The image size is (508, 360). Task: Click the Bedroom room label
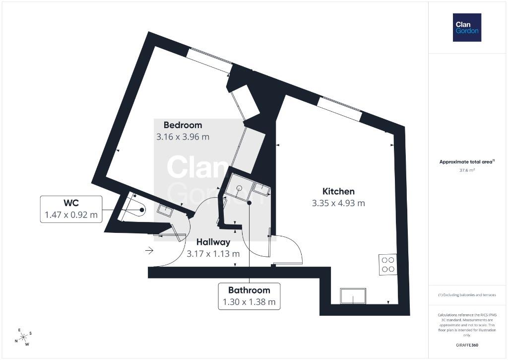pyautogui.click(x=183, y=125)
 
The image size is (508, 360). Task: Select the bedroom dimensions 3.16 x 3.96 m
pyautogui.click(x=183, y=137)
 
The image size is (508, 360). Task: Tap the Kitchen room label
pyautogui.click(x=338, y=191)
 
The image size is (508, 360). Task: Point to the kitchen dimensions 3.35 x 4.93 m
pyautogui.click(x=338, y=204)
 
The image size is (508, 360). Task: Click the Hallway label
pyautogui.click(x=213, y=242)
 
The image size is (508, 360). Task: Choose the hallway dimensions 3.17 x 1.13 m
pyautogui.click(x=213, y=254)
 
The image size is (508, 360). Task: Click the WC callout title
pyautogui.click(x=71, y=203)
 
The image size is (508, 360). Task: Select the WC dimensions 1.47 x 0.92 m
pyautogui.click(x=71, y=215)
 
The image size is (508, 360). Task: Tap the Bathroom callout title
pyautogui.click(x=249, y=290)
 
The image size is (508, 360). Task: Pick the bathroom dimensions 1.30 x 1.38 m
pyautogui.click(x=249, y=302)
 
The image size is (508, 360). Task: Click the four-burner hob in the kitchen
pyautogui.click(x=388, y=265)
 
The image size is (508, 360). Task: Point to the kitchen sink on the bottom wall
pyautogui.click(x=353, y=296)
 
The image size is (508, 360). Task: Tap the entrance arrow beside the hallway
pyautogui.click(x=149, y=250)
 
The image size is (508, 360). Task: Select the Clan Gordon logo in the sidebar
pyautogui.click(x=467, y=28)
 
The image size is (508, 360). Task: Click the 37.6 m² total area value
pyautogui.click(x=467, y=170)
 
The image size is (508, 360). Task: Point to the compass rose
pyautogui.click(x=23, y=337)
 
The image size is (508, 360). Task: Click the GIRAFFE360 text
pyautogui.click(x=467, y=345)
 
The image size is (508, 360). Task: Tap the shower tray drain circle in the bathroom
pyautogui.click(x=240, y=188)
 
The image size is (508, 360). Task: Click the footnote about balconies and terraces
pyautogui.click(x=467, y=295)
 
